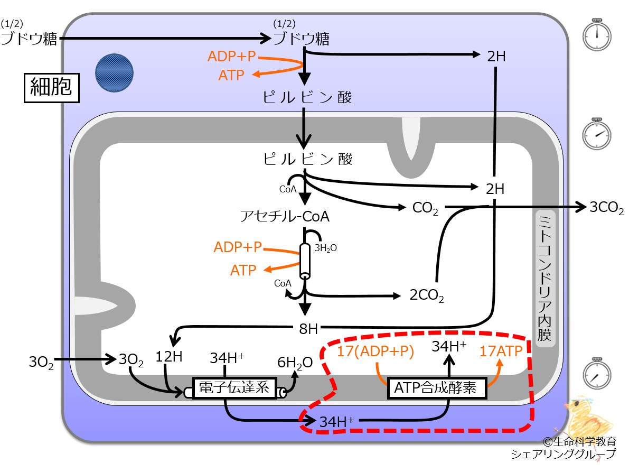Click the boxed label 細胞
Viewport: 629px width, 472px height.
tap(52, 88)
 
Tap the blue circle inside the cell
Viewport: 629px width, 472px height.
tap(114, 73)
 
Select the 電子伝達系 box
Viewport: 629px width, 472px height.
tap(234, 388)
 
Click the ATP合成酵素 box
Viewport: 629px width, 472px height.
tap(437, 388)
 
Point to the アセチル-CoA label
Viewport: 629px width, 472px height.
tap(285, 216)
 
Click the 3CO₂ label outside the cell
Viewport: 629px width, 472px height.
tap(606, 208)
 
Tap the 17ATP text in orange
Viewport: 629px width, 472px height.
tap(501, 351)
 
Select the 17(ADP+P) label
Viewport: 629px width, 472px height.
tap(375, 351)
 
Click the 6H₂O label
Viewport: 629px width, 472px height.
tap(295, 363)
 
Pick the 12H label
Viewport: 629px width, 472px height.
tap(169, 356)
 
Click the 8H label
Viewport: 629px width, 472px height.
tap(308, 329)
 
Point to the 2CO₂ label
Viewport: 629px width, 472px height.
tap(427, 295)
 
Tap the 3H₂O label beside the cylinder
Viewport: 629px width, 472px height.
tap(326, 248)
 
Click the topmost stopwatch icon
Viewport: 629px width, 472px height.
tap(597, 34)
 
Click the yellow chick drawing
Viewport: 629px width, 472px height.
tap(588, 418)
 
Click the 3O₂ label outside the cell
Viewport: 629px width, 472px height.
tap(41, 362)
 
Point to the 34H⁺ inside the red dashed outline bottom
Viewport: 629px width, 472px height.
tap(336, 422)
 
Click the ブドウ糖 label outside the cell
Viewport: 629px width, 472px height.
tap(29, 39)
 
